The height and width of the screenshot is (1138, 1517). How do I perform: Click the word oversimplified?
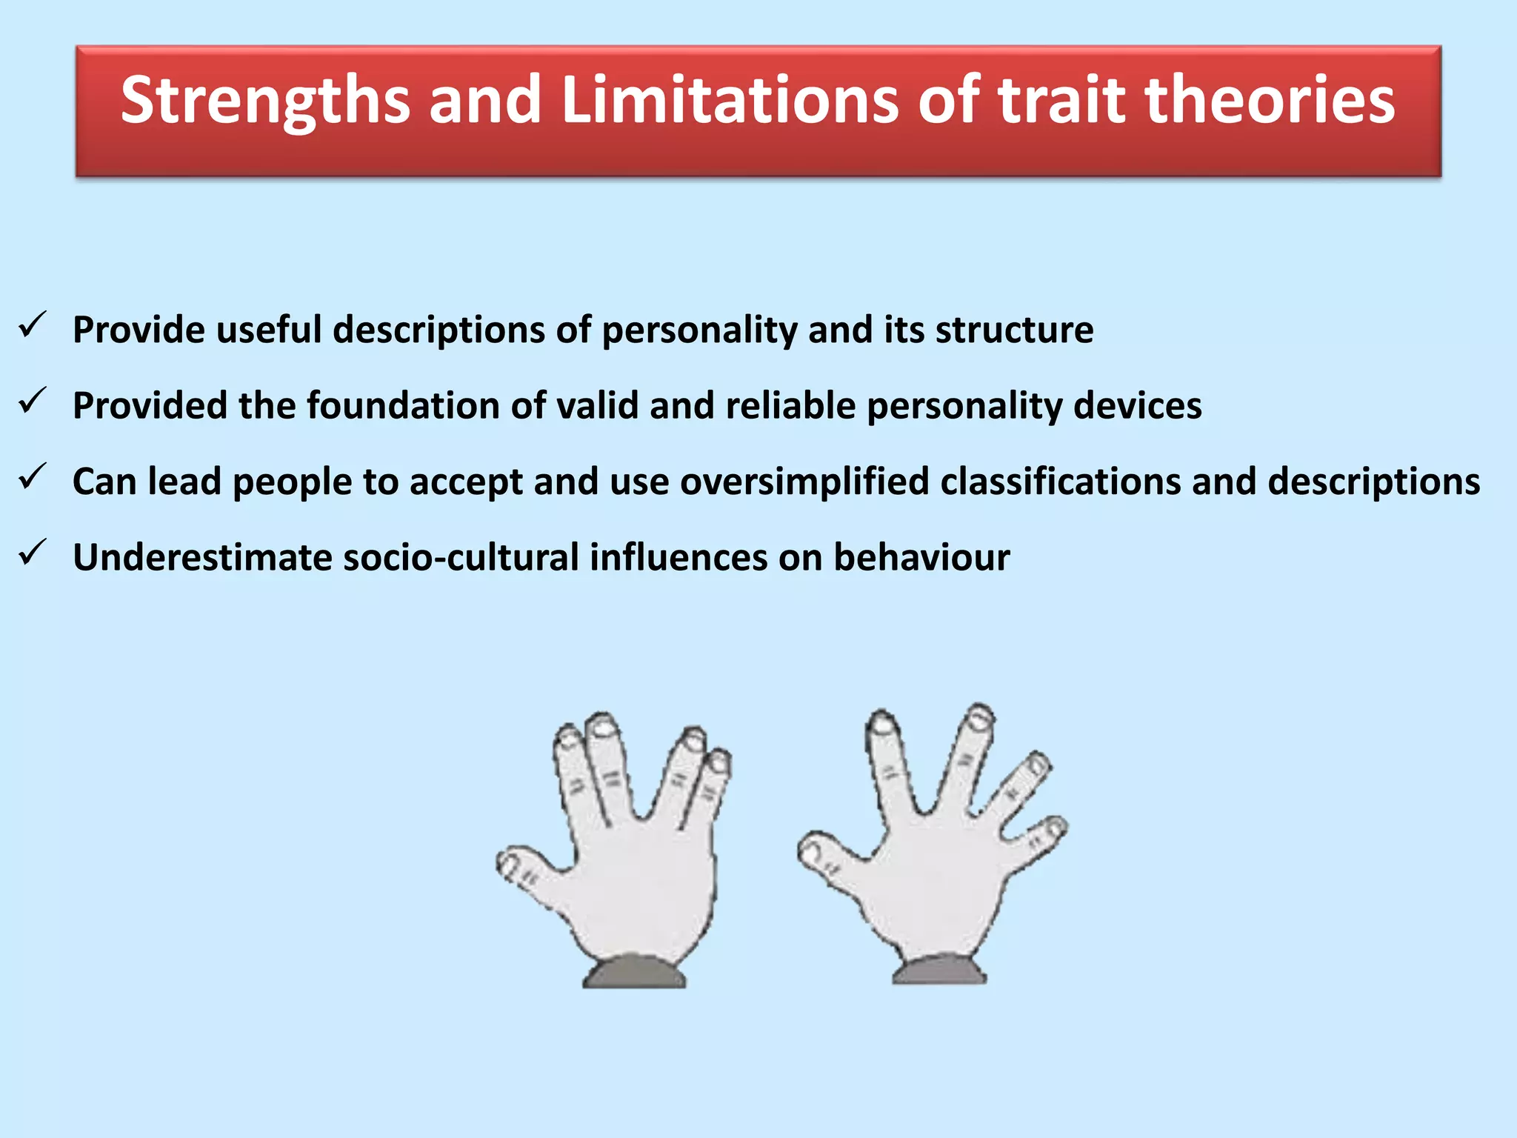point(804,482)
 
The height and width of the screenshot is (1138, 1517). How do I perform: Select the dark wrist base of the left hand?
point(635,973)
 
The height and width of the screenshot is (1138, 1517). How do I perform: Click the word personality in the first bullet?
point(699,330)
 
